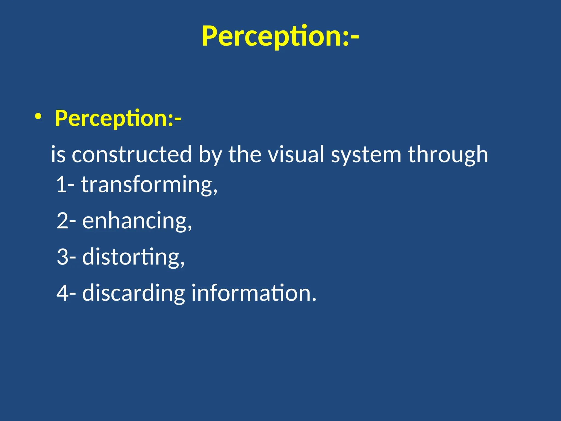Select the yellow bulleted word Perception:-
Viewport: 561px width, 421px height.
(118, 118)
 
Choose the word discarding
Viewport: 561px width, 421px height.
(133, 293)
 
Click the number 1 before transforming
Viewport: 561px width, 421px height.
(62, 185)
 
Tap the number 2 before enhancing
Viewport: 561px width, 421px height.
(62, 221)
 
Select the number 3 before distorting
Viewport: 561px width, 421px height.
(62, 257)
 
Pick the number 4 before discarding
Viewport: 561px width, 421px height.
(62, 293)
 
